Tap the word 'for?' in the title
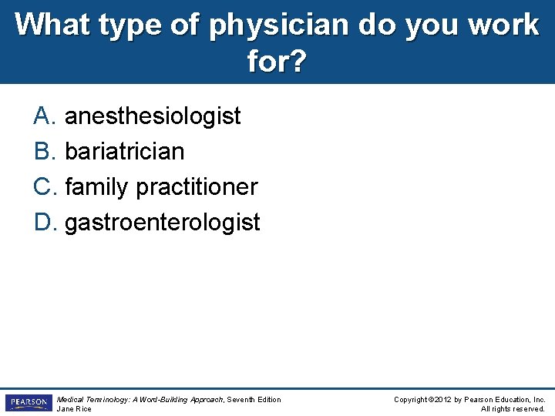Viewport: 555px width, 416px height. pyautogui.click(x=277, y=61)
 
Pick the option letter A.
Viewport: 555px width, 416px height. pyautogui.click(x=42, y=116)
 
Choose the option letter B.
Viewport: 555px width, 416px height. pyautogui.click(x=42, y=152)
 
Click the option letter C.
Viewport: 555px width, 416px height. pyautogui.click(x=43, y=187)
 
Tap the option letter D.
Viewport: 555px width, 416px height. pyautogui.click(x=43, y=223)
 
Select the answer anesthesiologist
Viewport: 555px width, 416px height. pyautogui.click(x=153, y=116)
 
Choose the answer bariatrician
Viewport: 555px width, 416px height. pyautogui.click(x=124, y=152)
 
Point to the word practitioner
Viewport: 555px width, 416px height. pyautogui.click(x=196, y=187)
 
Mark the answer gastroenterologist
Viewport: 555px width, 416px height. pyautogui.click(x=162, y=223)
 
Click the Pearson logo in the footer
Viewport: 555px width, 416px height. pyautogui.click(x=28, y=403)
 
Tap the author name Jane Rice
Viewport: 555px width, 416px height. pyautogui.click(x=74, y=409)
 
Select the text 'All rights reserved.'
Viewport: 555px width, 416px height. pyautogui.click(x=513, y=409)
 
